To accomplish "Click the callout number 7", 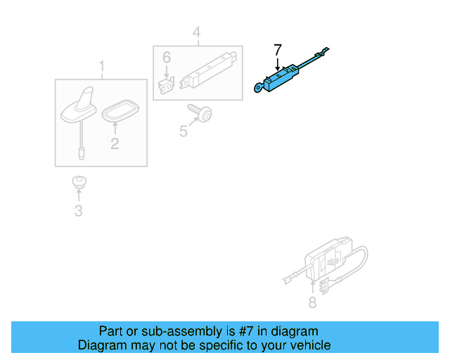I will [x=278, y=49].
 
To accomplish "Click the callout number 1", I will [x=101, y=67].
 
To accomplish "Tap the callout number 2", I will [x=115, y=144].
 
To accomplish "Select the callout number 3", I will [x=78, y=211].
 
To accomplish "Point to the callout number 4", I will [x=196, y=32].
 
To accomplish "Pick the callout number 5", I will [x=184, y=131].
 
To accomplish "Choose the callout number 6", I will [x=167, y=57].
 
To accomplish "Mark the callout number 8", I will [x=312, y=303].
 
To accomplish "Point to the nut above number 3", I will [x=78, y=183].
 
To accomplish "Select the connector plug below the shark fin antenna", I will [x=83, y=149].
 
